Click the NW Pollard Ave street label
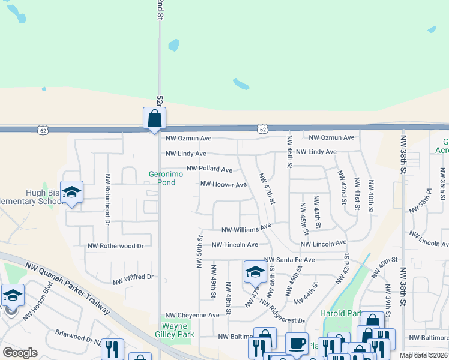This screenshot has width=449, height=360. [209, 170]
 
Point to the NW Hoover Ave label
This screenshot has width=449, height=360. [223, 185]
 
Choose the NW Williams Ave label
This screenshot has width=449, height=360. [246, 230]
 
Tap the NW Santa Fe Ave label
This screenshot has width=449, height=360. [289, 260]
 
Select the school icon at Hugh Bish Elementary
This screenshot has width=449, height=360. [71, 193]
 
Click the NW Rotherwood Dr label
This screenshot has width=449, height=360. [116, 246]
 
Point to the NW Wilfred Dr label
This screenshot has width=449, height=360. [133, 278]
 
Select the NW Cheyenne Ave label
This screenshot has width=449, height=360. [193, 315]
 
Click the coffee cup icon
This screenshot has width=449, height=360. [296, 344]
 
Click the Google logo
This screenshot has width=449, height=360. [20, 353]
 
